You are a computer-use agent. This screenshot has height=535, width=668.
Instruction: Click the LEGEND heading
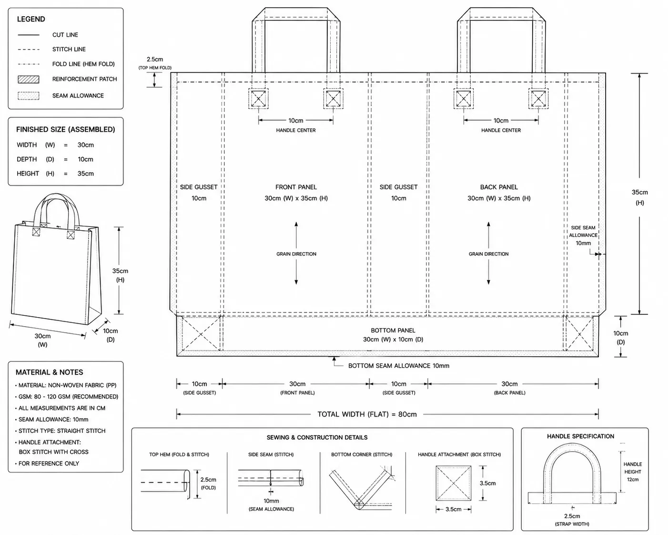coord(31,19)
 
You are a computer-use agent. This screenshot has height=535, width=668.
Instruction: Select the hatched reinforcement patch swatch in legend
coord(29,79)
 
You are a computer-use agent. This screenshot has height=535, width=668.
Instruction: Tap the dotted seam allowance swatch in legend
coord(29,96)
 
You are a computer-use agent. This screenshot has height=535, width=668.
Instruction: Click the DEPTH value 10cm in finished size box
coord(85,159)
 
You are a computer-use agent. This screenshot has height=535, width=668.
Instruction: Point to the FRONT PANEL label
coord(296,187)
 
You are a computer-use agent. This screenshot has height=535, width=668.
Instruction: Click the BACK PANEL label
coord(499,187)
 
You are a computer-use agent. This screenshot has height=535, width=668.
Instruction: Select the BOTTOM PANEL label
coord(393,330)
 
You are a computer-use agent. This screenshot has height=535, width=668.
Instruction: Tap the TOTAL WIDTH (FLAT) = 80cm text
coord(367,414)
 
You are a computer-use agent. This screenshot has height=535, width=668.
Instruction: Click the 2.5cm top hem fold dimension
coord(155,59)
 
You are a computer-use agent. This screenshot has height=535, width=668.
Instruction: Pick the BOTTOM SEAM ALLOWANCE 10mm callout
coord(399,366)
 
